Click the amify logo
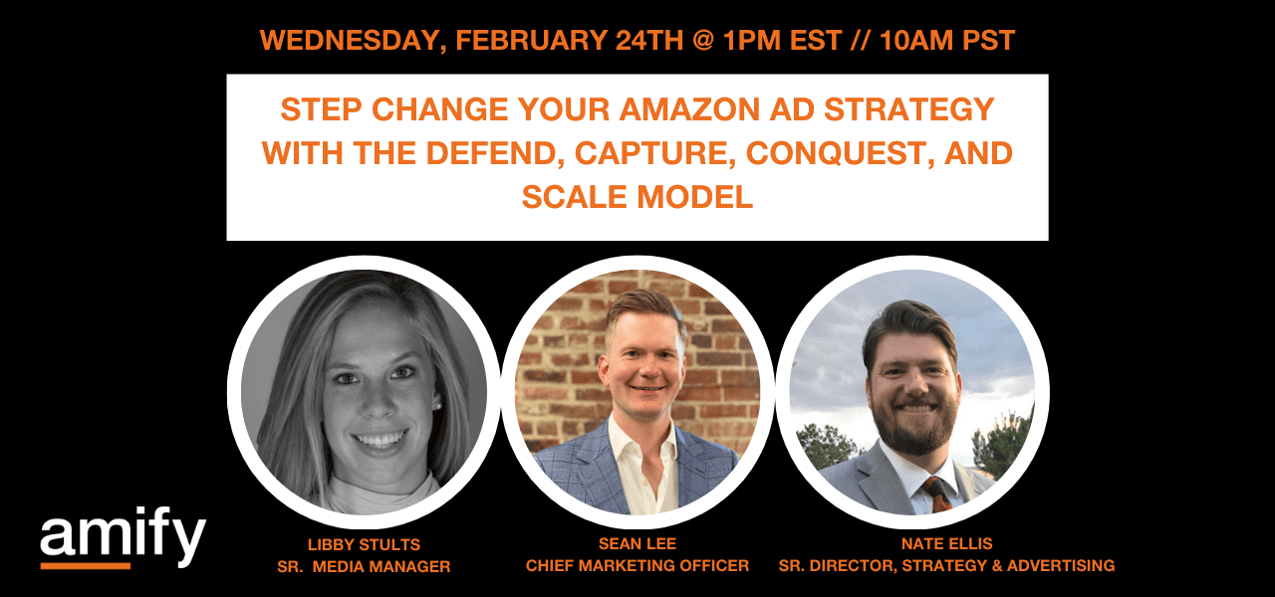pos(123,538)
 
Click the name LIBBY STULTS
pos(364,545)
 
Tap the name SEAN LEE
pos(637,545)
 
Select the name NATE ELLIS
pos(946,545)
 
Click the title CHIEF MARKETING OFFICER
pos(637,566)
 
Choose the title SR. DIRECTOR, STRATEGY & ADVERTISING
pos(946,566)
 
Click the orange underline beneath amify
pos(85,566)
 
